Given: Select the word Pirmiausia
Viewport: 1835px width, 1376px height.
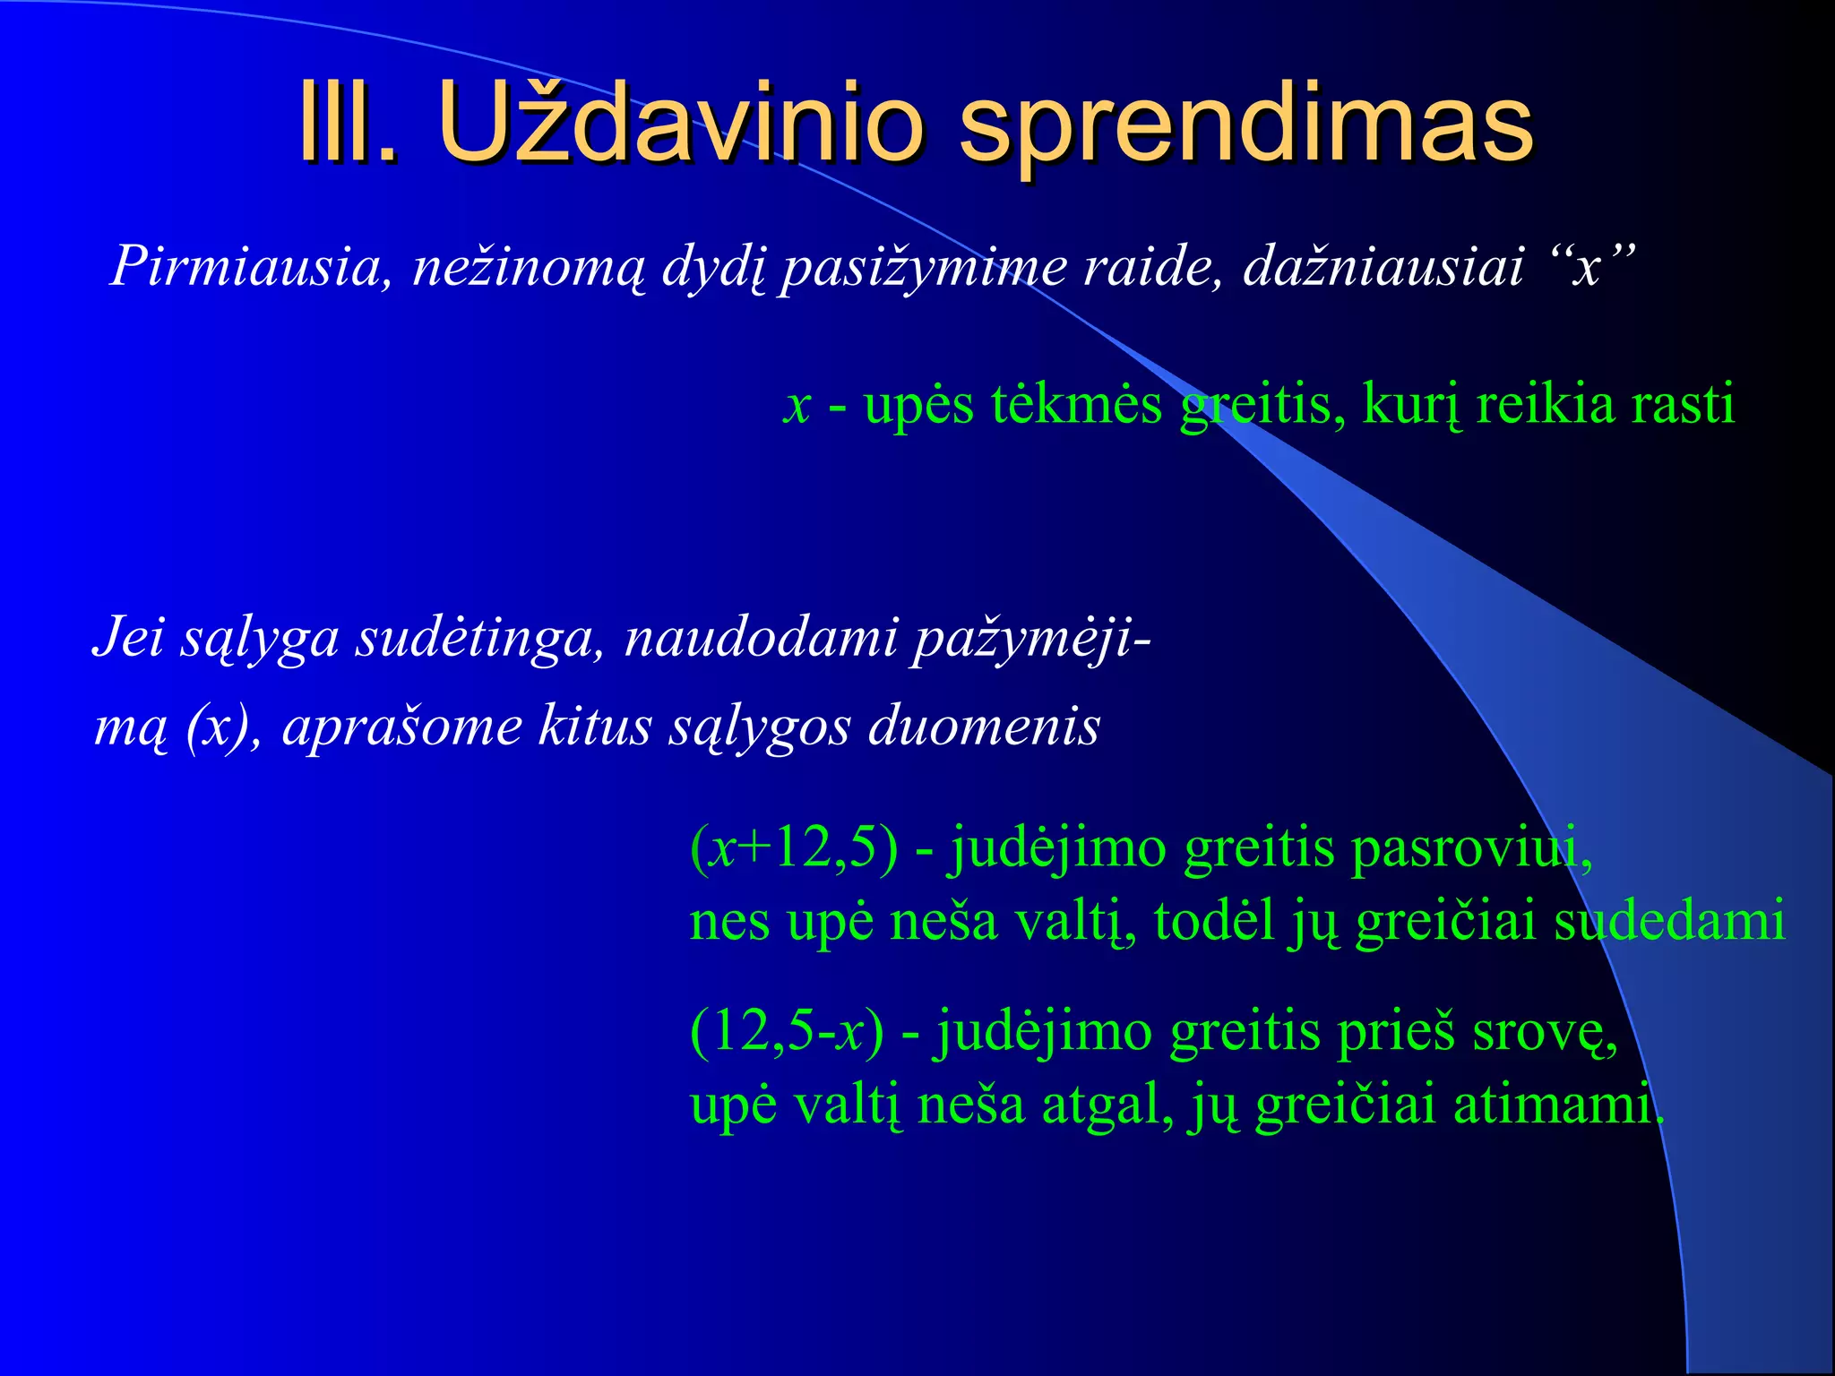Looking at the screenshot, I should tap(246, 266).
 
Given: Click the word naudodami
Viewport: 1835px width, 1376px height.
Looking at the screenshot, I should tap(761, 639).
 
